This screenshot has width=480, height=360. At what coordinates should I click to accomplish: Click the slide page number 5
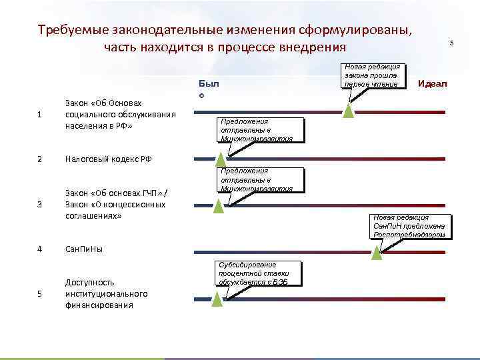tap(451, 43)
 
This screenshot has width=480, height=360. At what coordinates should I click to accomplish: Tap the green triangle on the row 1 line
tap(347, 111)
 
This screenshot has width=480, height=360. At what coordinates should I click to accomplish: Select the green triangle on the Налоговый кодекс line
tap(219, 159)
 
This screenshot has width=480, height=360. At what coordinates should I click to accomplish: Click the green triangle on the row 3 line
tap(218, 206)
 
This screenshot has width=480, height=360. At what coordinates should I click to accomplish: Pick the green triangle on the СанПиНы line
tap(376, 252)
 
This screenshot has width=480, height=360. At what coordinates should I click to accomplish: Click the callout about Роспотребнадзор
tap(409, 226)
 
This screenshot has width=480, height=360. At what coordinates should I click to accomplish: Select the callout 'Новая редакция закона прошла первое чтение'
tap(372, 76)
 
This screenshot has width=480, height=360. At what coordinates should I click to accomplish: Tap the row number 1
tap(41, 114)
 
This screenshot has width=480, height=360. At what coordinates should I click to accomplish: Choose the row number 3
tap(41, 204)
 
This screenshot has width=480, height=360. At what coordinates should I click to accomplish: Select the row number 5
tap(41, 294)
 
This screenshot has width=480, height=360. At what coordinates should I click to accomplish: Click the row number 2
tap(41, 159)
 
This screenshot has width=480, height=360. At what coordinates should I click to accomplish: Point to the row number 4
tap(41, 249)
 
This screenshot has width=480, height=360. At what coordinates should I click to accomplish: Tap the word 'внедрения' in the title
tap(308, 47)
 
